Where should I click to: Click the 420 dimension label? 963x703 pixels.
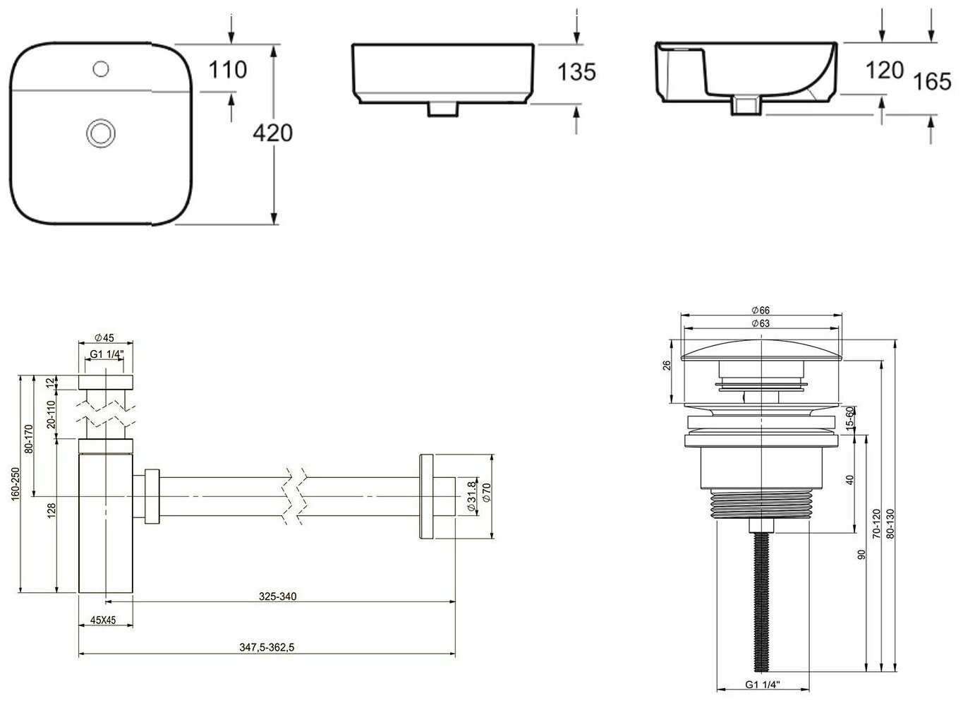pyautogui.click(x=272, y=133)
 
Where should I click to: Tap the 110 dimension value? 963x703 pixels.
pyautogui.click(x=227, y=70)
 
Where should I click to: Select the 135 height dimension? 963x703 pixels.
pyautogui.click(x=576, y=72)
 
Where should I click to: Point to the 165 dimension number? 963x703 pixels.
pyautogui.click(x=932, y=81)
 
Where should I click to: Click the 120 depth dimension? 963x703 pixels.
pyautogui.click(x=885, y=70)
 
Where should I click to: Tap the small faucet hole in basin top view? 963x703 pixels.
pyautogui.click(x=101, y=69)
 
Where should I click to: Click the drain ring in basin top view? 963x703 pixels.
pyautogui.click(x=101, y=133)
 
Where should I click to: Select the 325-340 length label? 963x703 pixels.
pyautogui.click(x=278, y=596)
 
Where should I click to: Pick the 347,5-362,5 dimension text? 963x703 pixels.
pyautogui.click(x=267, y=647)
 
